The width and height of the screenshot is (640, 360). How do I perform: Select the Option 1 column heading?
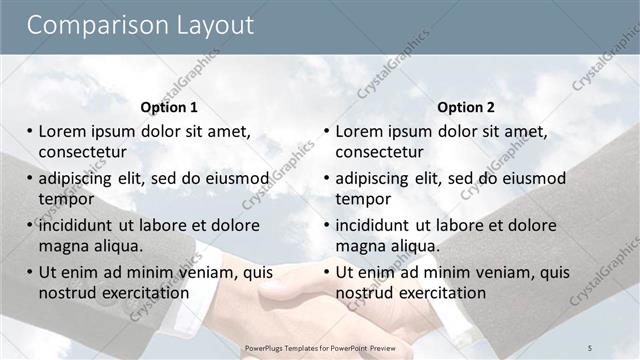[x=169, y=107]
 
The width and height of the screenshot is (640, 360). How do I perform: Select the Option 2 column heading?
[x=466, y=107]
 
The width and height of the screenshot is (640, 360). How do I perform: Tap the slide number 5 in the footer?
[x=590, y=346]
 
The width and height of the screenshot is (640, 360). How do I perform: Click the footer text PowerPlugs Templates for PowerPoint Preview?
[x=320, y=346]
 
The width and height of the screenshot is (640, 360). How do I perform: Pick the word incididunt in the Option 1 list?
[x=81, y=225]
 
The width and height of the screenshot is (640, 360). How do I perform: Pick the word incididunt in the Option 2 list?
[x=378, y=225]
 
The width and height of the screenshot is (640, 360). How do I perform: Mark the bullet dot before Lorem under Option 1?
[x=30, y=131]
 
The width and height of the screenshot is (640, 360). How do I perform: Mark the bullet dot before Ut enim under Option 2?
[x=327, y=272]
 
